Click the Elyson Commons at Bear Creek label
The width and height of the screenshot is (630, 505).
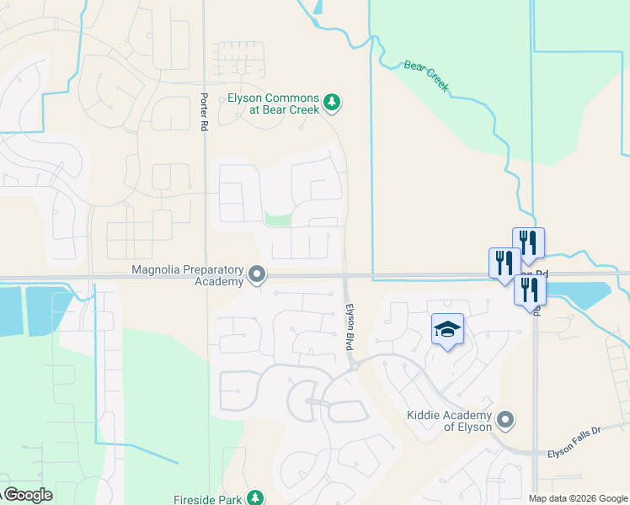click(x=274, y=104)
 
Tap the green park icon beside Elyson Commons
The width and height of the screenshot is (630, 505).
click(x=333, y=104)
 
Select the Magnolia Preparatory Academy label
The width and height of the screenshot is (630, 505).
click(x=187, y=275)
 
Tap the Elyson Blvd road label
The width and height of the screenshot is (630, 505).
click(x=349, y=327)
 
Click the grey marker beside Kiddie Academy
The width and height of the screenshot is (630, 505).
click(x=505, y=419)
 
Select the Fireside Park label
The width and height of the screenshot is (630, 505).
click(x=209, y=499)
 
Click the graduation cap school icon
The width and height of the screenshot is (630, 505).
click(x=448, y=330)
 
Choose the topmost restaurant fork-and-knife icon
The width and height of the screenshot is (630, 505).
click(x=528, y=242)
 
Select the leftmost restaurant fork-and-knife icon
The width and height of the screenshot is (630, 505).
click(x=505, y=261)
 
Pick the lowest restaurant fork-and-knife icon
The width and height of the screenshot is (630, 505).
click(x=530, y=289)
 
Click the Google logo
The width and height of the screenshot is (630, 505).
click(x=28, y=495)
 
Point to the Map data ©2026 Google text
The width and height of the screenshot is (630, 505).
click(x=578, y=498)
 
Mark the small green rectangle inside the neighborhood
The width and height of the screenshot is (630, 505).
click(x=278, y=219)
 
